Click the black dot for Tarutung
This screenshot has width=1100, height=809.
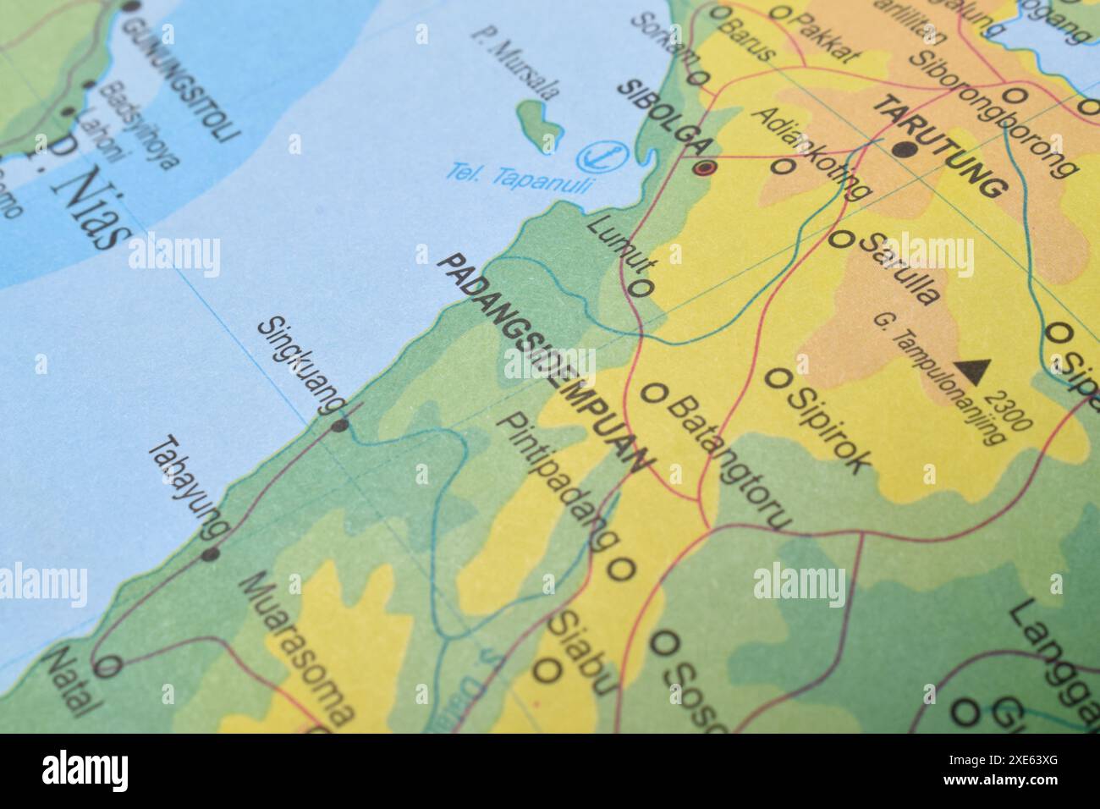[x=905, y=151]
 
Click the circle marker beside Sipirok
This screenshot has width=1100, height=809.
[x=775, y=378]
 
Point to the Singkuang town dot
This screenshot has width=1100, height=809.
[x=339, y=426]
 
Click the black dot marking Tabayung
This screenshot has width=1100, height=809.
[x=210, y=555]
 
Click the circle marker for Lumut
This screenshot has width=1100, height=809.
[x=641, y=289]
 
